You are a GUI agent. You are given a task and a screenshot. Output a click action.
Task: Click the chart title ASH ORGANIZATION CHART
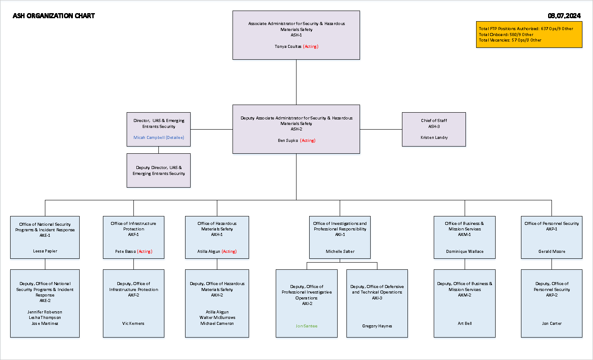pyautogui.click(x=54, y=16)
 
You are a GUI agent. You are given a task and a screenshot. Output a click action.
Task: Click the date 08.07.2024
pyautogui.click(x=564, y=16)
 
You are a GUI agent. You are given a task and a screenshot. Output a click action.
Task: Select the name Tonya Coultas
pyautogui.click(x=288, y=47)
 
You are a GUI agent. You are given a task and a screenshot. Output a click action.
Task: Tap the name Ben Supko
pyautogui.click(x=288, y=141)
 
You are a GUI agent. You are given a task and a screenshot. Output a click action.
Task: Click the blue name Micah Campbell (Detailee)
pyautogui.click(x=159, y=138)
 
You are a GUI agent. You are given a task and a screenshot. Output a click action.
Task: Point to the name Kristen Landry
pyautogui.click(x=434, y=138)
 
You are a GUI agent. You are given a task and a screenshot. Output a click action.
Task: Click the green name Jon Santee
pyautogui.click(x=306, y=326)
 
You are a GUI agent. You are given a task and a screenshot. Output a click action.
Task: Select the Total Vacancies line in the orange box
pyautogui.click(x=510, y=40)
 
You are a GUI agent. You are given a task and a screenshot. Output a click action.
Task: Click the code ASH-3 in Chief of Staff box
pyautogui.click(x=434, y=126)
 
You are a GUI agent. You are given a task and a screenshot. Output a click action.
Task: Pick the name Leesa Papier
pyautogui.click(x=45, y=251)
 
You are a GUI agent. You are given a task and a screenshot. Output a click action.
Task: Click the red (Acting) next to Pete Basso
pyautogui.click(x=144, y=252)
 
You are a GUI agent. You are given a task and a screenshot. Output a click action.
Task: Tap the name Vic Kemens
pyautogui.click(x=133, y=324)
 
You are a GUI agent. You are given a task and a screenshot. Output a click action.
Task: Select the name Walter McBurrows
pyautogui.click(x=217, y=318)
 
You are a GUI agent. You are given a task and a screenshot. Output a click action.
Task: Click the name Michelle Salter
pyautogui.click(x=340, y=252)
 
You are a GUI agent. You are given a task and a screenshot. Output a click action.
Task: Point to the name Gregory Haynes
pyautogui.click(x=377, y=326)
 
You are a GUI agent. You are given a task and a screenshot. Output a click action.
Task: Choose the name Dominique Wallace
pyautogui.click(x=465, y=252)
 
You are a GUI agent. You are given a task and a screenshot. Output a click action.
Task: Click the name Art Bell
pyautogui.click(x=465, y=324)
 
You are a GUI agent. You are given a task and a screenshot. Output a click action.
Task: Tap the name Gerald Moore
pyautogui.click(x=551, y=252)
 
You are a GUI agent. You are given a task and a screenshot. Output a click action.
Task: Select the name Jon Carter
pyautogui.click(x=551, y=324)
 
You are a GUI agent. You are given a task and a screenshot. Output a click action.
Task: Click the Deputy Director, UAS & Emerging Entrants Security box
pyautogui.click(x=159, y=171)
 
